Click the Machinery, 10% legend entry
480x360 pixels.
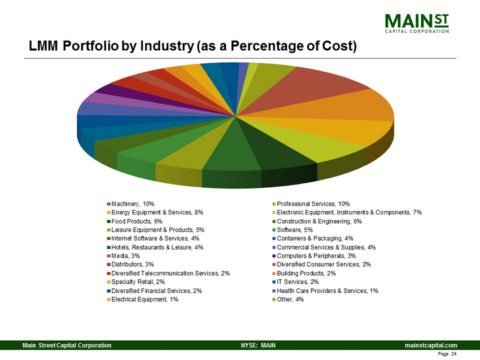point(133,203)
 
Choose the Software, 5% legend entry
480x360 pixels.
point(297,230)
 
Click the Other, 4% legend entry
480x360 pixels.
point(291,299)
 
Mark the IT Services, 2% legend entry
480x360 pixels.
point(300,282)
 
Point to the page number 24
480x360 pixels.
point(453,353)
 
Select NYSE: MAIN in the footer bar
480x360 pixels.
point(258,344)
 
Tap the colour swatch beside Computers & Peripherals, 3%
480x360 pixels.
point(274,256)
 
